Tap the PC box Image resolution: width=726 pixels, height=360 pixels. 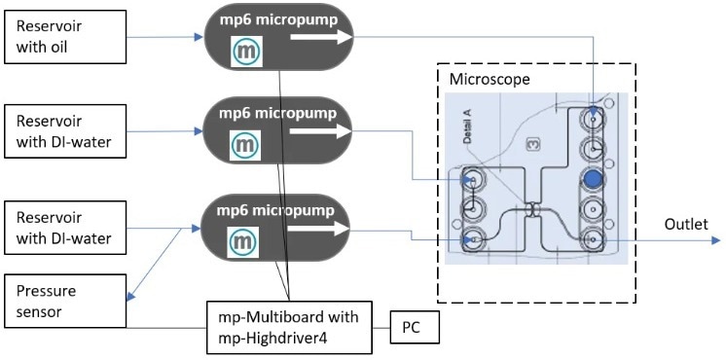pyautogui.click(x=414, y=327)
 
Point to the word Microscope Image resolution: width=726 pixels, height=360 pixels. pyautogui.click(x=489, y=78)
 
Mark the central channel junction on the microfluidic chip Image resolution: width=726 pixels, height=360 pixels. pyautogui.click(x=532, y=209)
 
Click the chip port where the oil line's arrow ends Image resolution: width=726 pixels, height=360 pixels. pyautogui.click(x=593, y=120)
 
